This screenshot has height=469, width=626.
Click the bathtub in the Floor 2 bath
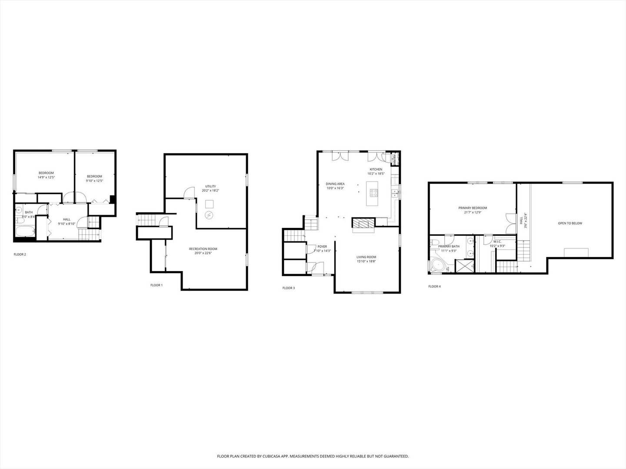click(x=25, y=230)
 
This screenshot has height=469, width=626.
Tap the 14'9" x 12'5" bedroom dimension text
click(x=46, y=177)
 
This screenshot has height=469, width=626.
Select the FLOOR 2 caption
click(x=20, y=254)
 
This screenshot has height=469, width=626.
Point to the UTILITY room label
click(x=210, y=186)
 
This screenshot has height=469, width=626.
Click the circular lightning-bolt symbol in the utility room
click(x=209, y=215)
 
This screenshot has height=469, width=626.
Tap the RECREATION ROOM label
click(x=203, y=249)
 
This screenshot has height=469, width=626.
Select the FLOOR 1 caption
click(x=156, y=285)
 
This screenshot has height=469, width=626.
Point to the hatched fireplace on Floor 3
click(x=363, y=223)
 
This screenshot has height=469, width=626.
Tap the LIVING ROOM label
click(x=366, y=257)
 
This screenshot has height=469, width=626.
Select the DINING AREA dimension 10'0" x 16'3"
click(x=335, y=188)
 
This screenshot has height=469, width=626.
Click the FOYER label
click(x=322, y=247)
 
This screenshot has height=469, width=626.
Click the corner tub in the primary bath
click(x=436, y=266)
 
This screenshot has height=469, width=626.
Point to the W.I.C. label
click(x=497, y=242)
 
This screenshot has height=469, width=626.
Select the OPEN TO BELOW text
click(x=570, y=223)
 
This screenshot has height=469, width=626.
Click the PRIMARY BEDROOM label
click(x=473, y=208)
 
